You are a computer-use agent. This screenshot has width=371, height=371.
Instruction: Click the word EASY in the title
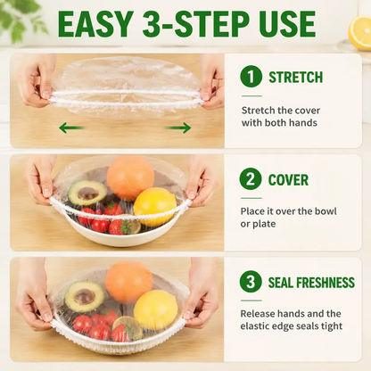point(95,24)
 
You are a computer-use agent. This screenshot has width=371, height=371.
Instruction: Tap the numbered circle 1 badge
point(251,77)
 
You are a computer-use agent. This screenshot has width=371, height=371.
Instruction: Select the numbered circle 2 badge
point(251,179)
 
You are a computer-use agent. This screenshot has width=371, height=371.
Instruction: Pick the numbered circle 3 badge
point(251,282)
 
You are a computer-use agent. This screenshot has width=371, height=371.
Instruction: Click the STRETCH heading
point(296,78)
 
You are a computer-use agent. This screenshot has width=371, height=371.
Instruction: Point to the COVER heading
point(288,180)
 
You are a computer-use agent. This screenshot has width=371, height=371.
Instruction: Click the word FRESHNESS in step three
point(326,283)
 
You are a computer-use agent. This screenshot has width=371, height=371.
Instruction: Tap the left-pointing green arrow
point(71,128)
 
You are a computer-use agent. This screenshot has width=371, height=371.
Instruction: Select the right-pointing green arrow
point(177,128)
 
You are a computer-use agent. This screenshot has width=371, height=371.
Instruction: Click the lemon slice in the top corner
point(360,32)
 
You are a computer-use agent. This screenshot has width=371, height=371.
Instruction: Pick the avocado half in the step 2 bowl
point(87,193)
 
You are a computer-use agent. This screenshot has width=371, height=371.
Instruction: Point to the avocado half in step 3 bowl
point(85,296)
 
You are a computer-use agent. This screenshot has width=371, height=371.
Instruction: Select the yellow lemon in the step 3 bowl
point(155,309)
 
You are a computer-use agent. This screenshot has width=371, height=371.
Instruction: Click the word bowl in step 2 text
point(326,211)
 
